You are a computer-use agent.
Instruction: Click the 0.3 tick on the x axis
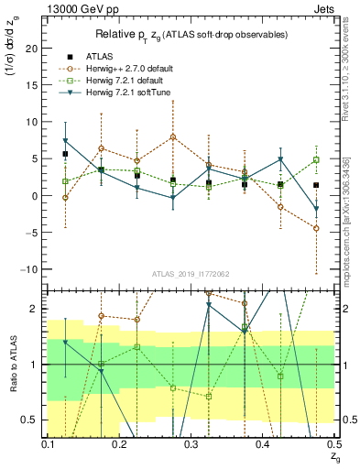pos(191,444)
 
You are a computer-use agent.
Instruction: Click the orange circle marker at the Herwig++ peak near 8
pos(172,137)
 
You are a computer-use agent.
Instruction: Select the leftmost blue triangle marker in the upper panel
pos(65,141)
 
